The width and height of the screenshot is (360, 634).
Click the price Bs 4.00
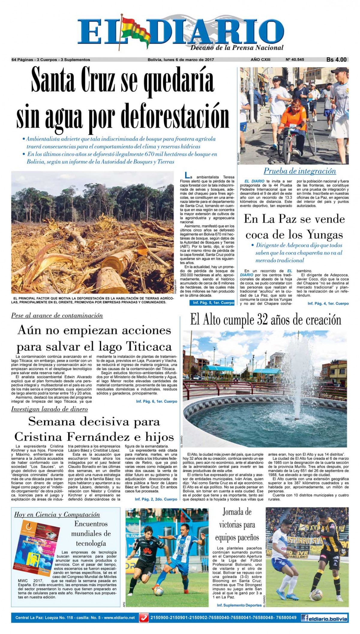click(x=336, y=60)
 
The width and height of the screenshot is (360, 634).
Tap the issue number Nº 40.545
click(x=295, y=60)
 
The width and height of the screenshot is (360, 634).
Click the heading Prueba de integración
click(x=300, y=171)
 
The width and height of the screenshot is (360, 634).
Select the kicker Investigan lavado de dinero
click(x=49, y=409)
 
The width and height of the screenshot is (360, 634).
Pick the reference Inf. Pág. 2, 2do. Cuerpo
click(x=156, y=499)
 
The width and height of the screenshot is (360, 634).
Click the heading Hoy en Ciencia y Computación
click(x=57, y=515)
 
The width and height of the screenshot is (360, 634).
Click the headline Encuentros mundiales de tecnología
click(x=91, y=533)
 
